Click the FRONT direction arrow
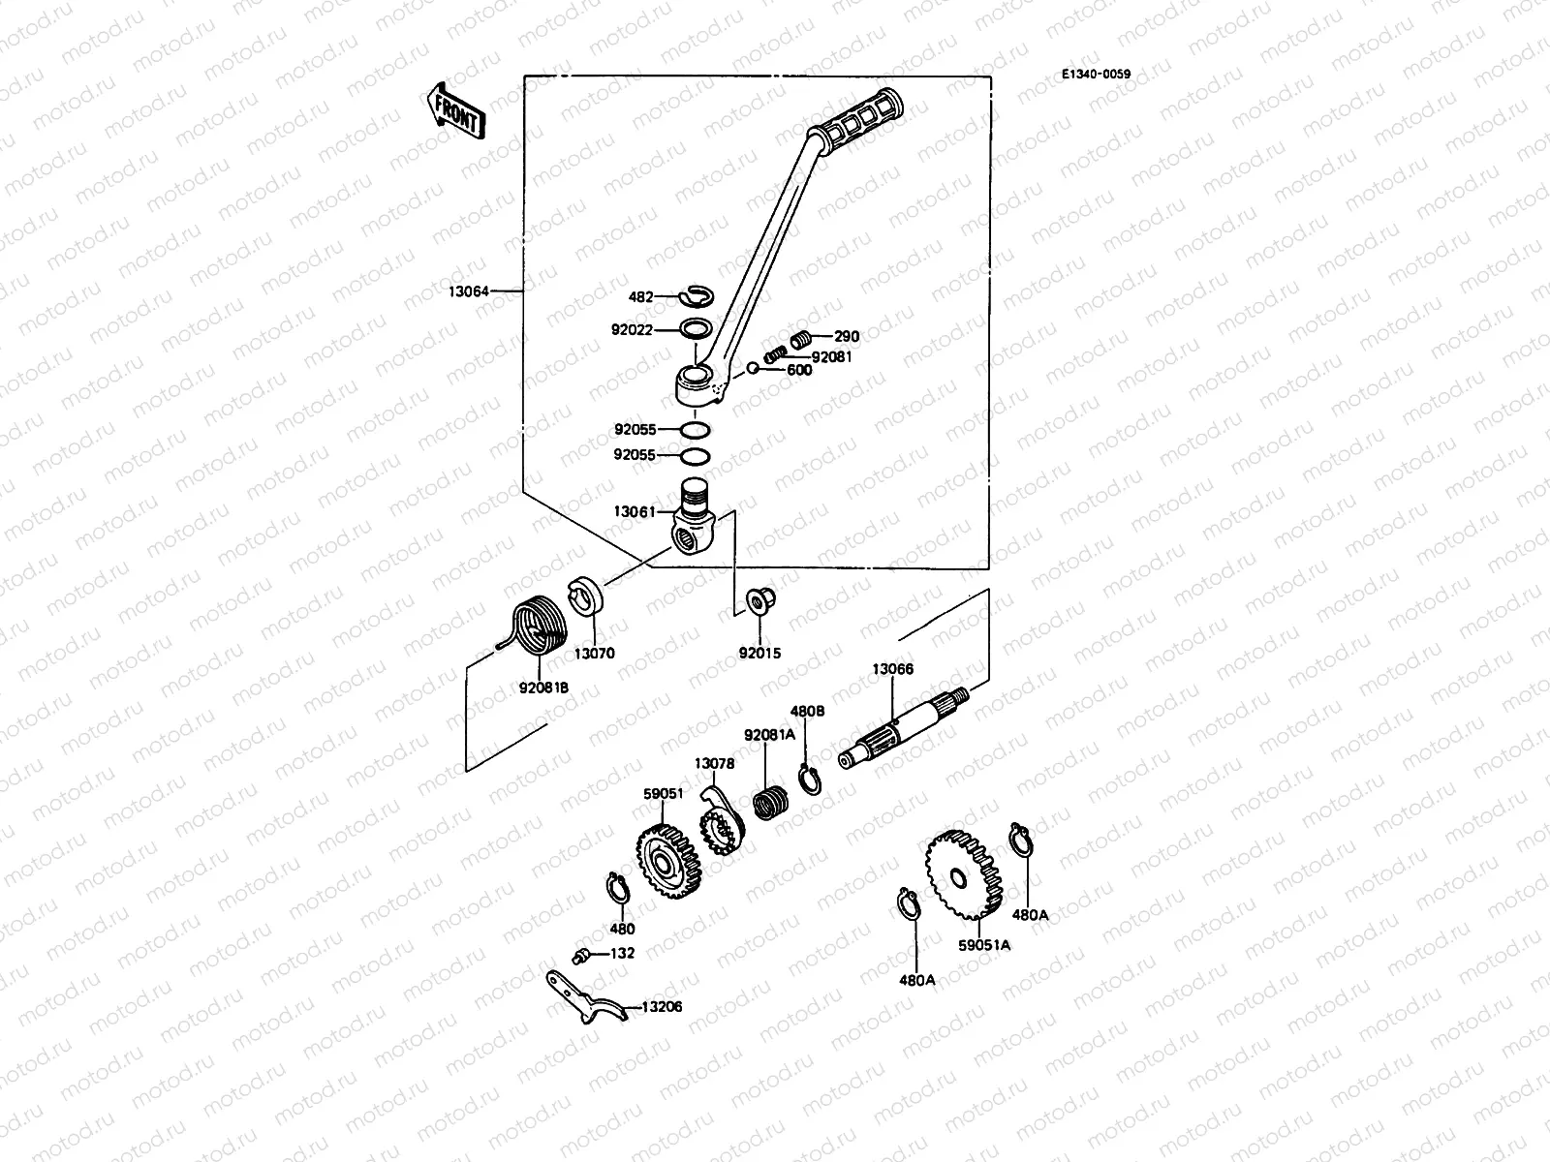coord(454,109)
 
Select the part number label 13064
coord(469,290)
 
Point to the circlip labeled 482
coord(697,296)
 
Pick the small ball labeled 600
coord(751,368)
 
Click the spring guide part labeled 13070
coord(587,594)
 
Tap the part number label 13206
coord(660,1007)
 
